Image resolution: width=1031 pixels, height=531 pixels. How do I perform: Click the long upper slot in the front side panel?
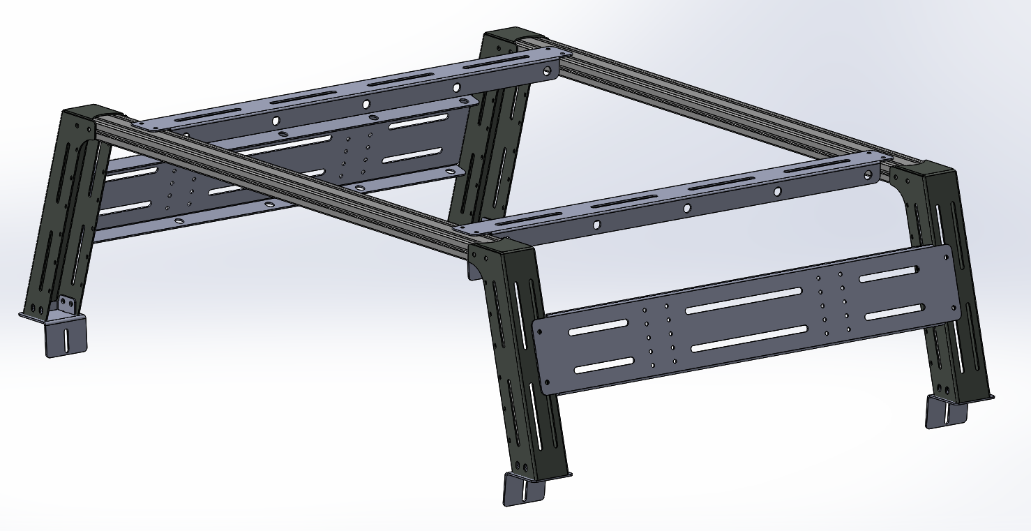tap(744, 300)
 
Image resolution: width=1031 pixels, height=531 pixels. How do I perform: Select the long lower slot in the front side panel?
tap(749, 338)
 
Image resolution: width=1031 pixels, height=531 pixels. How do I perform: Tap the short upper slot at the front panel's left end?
tap(598, 327)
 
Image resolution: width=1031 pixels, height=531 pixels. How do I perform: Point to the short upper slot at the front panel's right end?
tap(888, 274)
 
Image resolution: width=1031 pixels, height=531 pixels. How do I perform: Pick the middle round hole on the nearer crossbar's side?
tap(687, 208)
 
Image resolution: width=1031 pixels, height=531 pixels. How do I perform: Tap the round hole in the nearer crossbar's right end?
tap(867, 174)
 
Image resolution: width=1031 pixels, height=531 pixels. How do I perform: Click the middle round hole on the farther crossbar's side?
tap(366, 104)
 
